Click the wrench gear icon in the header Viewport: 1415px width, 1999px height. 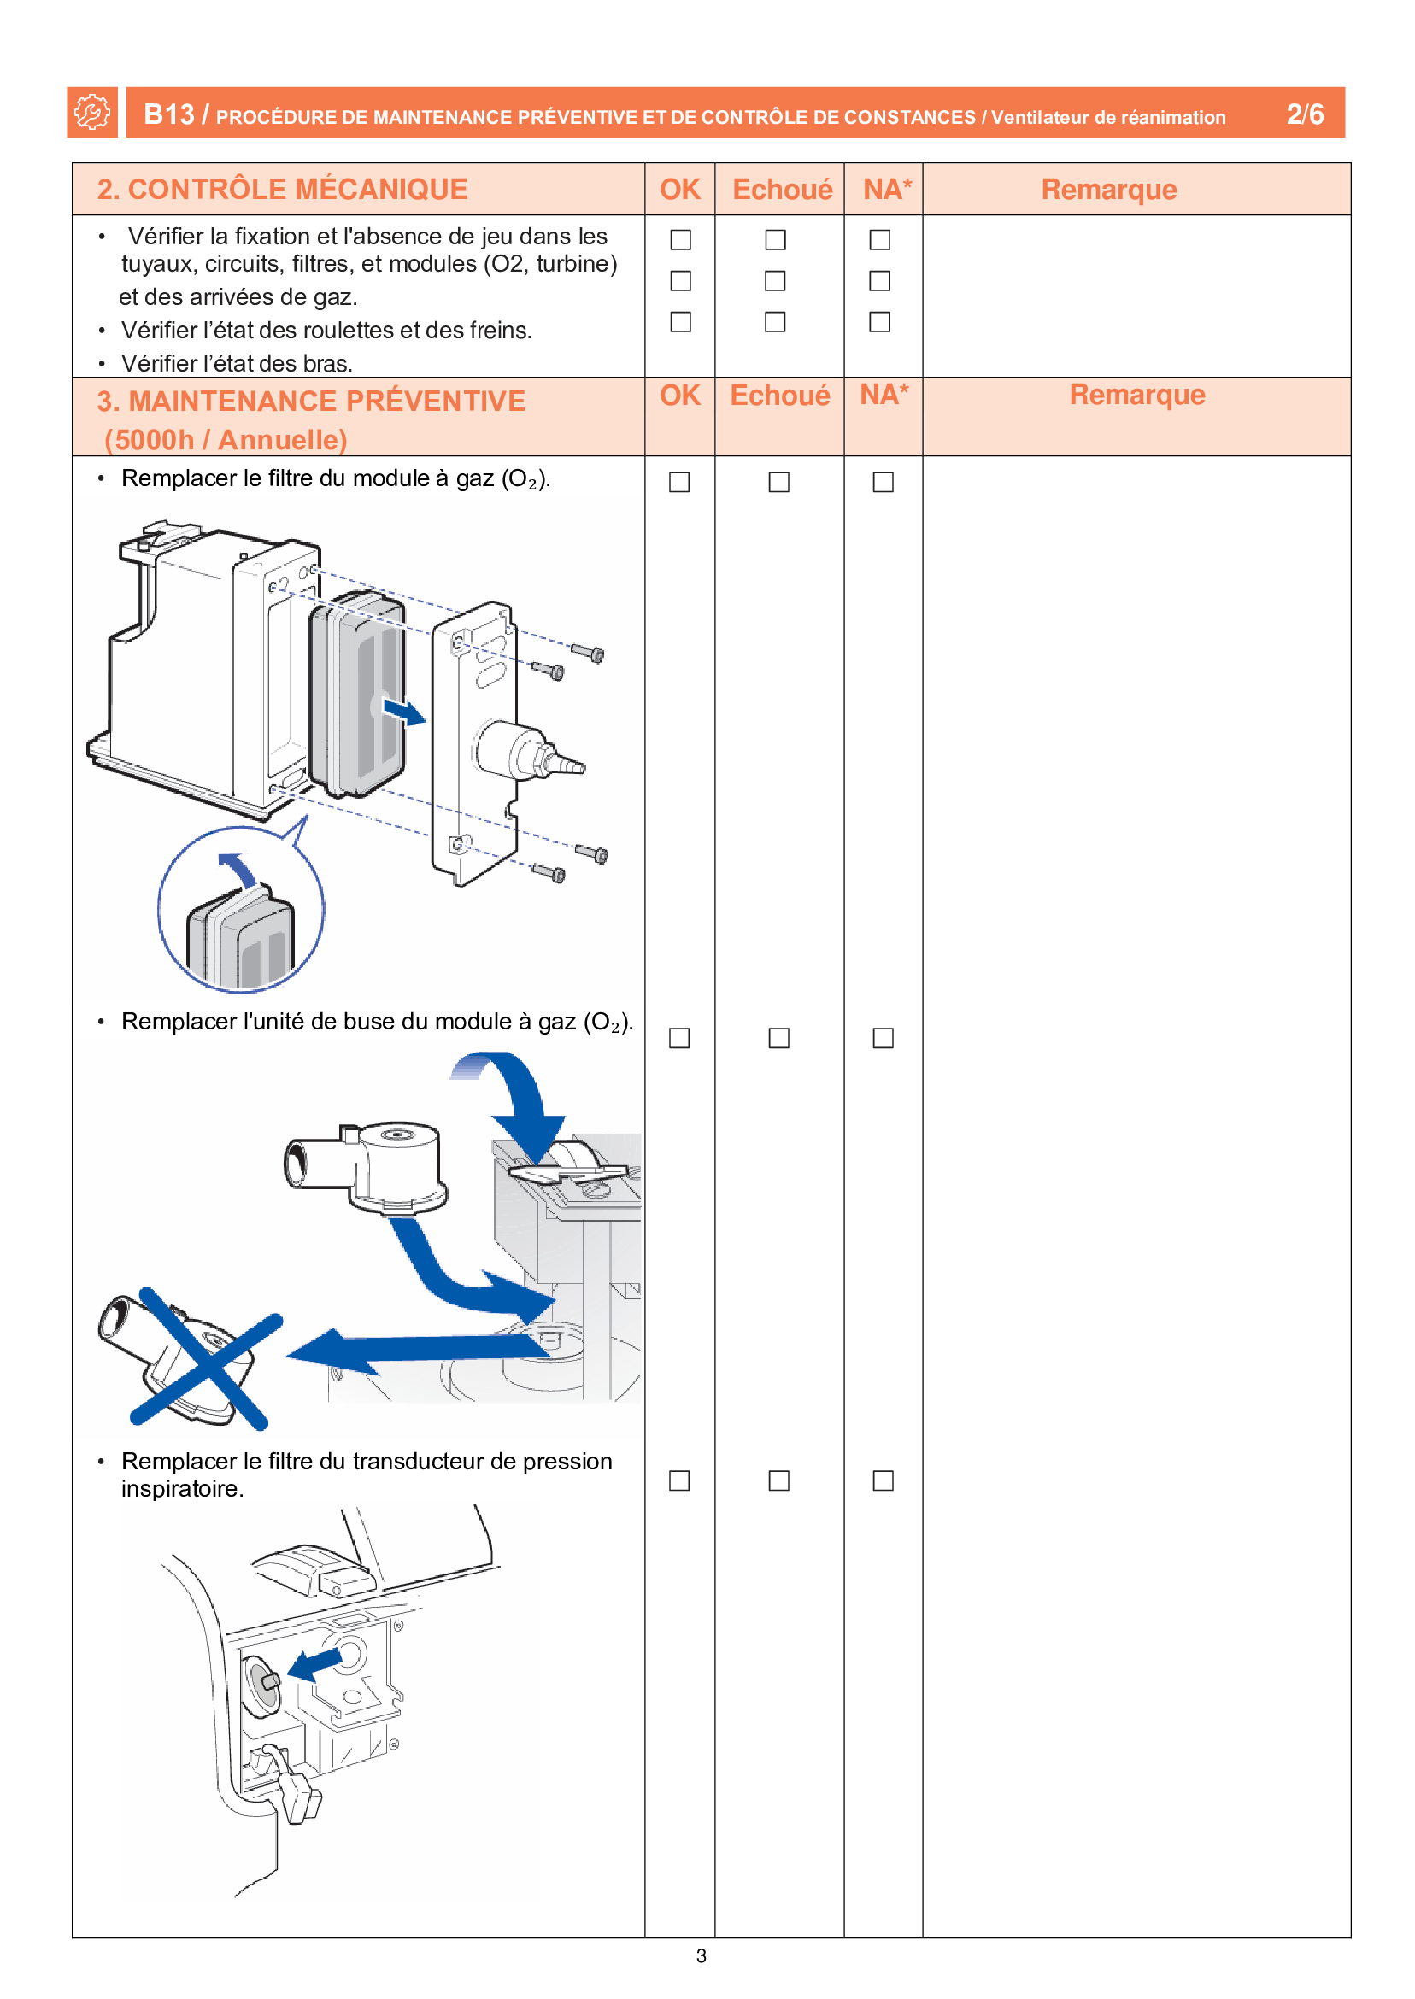tap(91, 113)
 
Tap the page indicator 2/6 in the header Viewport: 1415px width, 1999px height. tap(1304, 114)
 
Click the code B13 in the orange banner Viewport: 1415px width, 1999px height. tap(168, 114)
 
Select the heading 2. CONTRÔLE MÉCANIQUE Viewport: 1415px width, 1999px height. tap(282, 189)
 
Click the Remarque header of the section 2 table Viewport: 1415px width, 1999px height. tap(1108, 189)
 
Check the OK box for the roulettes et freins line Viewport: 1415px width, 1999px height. tap(680, 280)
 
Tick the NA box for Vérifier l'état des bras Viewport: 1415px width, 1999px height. tap(879, 321)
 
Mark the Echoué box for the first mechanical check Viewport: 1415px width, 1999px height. tap(775, 239)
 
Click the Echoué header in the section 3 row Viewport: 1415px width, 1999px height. tap(779, 396)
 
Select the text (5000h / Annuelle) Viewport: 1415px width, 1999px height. tap(226, 440)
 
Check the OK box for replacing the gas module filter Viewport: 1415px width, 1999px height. tap(679, 482)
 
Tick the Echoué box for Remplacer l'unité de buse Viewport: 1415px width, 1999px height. tap(779, 1037)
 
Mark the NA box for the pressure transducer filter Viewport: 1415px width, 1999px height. tap(883, 1480)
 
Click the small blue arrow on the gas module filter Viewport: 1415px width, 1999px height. tap(404, 712)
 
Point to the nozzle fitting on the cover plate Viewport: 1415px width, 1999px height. tap(530, 754)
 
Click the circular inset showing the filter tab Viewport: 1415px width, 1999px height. tap(240, 910)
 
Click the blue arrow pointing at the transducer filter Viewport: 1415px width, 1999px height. tap(315, 1662)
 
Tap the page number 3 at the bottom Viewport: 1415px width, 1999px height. tap(702, 1955)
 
